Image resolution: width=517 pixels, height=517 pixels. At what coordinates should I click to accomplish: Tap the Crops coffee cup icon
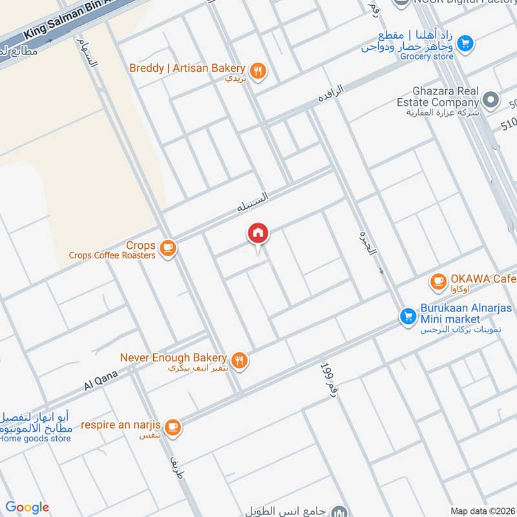[x=167, y=248]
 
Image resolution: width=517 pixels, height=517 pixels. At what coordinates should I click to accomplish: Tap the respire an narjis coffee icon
[x=172, y=427]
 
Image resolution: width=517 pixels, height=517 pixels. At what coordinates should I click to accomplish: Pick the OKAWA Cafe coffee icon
[x=439, y=280]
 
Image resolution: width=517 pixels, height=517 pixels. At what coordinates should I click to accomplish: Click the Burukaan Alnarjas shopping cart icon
[x=407, y=316]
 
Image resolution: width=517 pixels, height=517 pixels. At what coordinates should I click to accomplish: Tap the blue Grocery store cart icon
[x=465, y=44]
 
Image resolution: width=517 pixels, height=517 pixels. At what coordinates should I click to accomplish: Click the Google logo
[x=27, y=507]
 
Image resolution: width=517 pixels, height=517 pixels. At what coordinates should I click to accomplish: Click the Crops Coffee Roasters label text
[x=112, y=255]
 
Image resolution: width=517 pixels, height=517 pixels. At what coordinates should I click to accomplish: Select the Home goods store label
[x=36, y=439]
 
